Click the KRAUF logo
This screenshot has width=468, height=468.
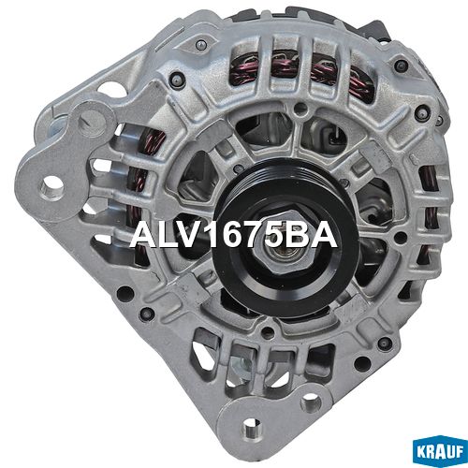(440, 452)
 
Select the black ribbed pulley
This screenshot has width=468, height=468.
(286, 239)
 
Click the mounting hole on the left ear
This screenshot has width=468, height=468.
(52, 186)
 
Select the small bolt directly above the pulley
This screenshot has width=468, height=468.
(300, 109)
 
